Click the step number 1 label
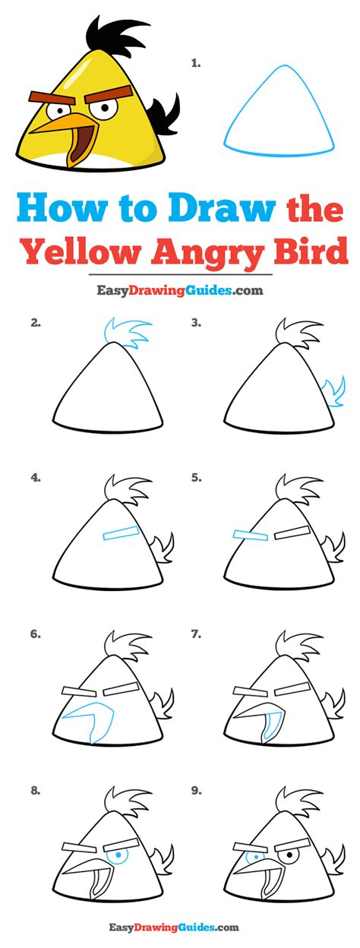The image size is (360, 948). pyautogui.click(x=195, y=64)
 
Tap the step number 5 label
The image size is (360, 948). pyautogui.click(x=196, y=478)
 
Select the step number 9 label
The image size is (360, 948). pyautogui.click(x=196, y=790)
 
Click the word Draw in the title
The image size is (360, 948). pyautogui.click(x=222, y=208)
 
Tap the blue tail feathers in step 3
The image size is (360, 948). pyautogui.click(x=335, y=392)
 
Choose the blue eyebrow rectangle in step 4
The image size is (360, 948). pyautogui.click(x=121, y=532)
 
